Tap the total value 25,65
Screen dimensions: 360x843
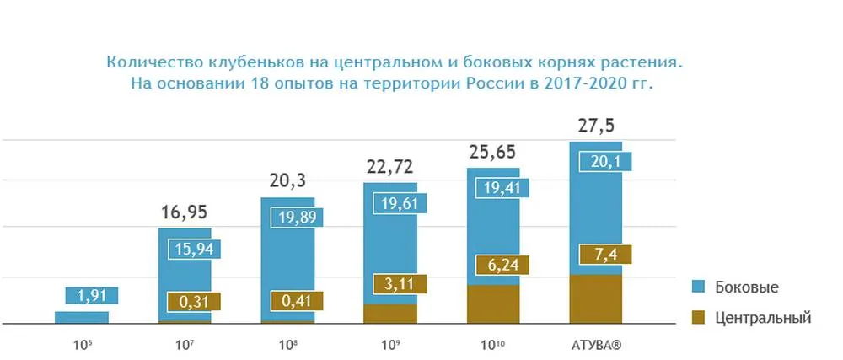[492, 153]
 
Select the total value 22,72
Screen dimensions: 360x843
[389, 168]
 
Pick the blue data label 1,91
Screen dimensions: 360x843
[91, 296]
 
